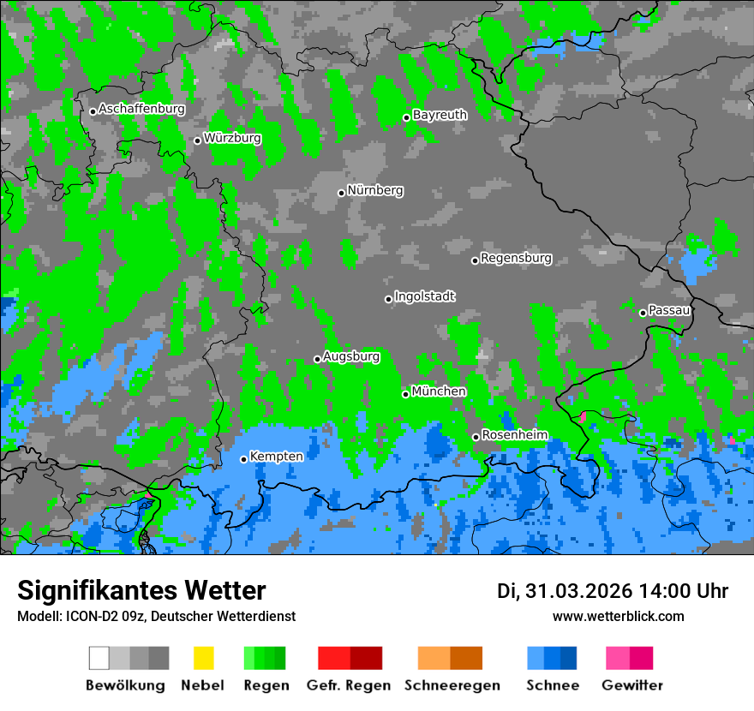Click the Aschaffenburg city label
pyautogui.click(x=141, y=109)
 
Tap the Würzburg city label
pyautogui.click(x=232, y=138)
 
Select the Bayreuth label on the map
pyautogui.click(x=440, y=115)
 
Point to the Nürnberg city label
pyautogui.click(x=375, y=190)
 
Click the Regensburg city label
pyautogui.click(x=516, y=258)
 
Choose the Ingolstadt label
pyautogui.click(x=424, y=296)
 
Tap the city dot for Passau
pyautogui.click(x=643, y=313)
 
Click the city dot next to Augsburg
pyautogui.click(x=317, y=359)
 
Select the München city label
pyautogui.click(x=439, y=391)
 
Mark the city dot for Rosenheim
pyautogui.click(x=476, y=438)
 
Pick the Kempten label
pyautogui.click(x=276, y=457)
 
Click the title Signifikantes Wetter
pyautogui.click(x=141, y=590)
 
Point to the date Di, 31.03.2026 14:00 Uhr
pyautogui.click(x=613, y=591)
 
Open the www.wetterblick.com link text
pyautogui.click(x=618, y=616)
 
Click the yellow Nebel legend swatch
pyautogui.click(x=203, y=658)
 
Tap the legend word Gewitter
pyautogui.click(x=632, y=685)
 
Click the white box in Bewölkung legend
pyautogui.click(x=99, y=658)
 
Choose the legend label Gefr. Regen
pyautogui.click(x=349, y=685)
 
